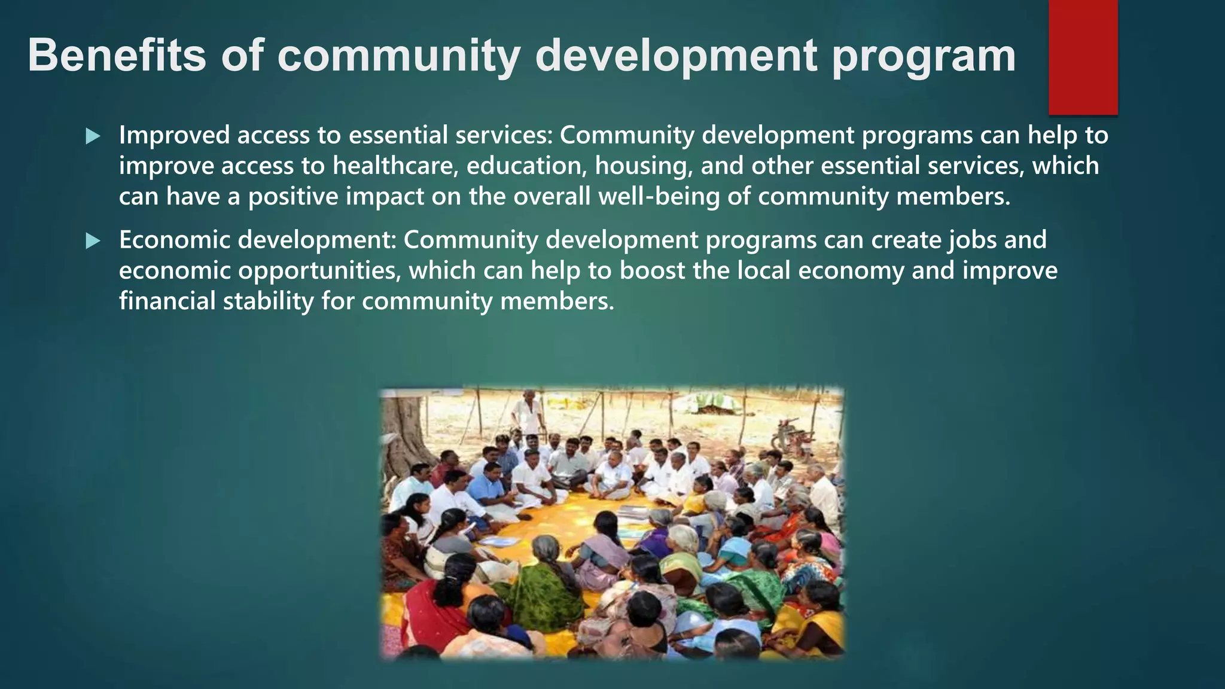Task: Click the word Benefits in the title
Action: (116, 55)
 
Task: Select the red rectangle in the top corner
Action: (1083, 57)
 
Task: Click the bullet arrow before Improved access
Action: (93, 136)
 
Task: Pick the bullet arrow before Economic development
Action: (93, 241)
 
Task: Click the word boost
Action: (652, 270)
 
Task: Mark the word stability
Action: (268, 301)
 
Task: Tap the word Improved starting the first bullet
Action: (174, 136)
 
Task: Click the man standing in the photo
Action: (528, 413)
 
